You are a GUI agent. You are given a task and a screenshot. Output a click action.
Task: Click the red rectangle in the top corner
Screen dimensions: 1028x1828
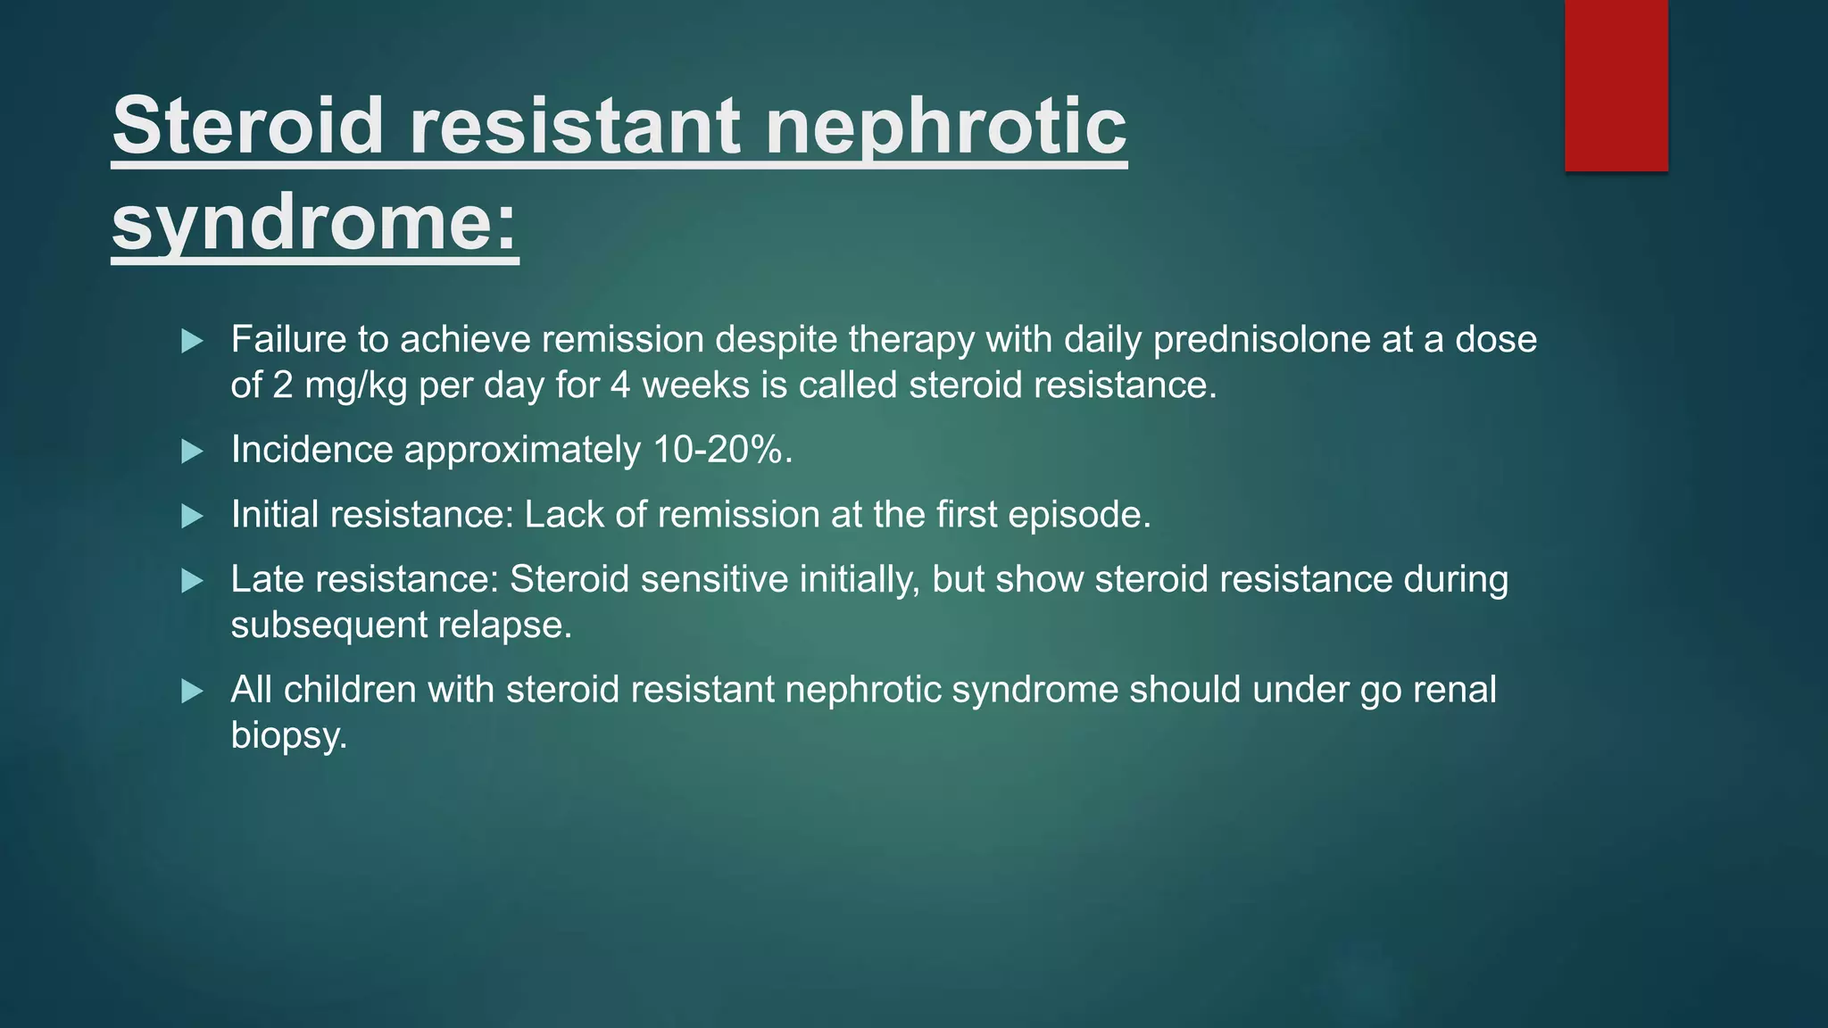point(1616,85)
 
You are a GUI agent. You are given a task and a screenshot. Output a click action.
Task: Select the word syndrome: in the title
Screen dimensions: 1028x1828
point(314,223)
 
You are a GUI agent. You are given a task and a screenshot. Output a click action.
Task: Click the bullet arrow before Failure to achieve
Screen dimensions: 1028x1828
point(192,341)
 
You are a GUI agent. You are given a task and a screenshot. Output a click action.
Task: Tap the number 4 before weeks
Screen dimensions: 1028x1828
point(620,385)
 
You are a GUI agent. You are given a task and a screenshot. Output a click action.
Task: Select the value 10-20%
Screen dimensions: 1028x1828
point(721,450)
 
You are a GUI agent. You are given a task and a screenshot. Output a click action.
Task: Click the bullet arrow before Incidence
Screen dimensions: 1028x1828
point(192,452)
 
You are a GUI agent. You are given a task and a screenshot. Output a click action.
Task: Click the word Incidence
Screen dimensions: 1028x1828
point(312,450)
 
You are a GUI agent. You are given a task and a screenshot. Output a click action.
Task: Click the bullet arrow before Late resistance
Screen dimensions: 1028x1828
point(192,582)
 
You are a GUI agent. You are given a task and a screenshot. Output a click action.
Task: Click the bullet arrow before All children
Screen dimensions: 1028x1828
point(192,692)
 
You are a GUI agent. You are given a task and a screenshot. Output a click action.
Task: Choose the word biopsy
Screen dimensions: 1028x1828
point(287,736)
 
